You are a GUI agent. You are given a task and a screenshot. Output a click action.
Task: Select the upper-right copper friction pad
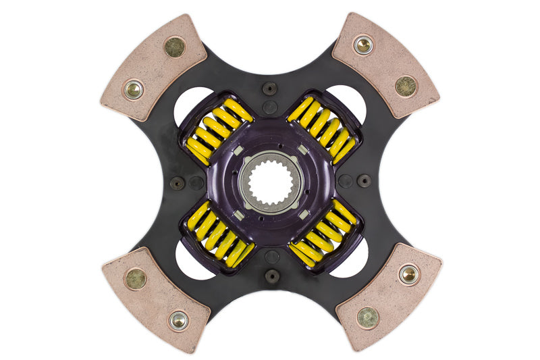(x=385, y=65)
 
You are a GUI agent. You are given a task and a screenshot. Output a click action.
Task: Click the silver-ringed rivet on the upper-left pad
(x=134, y=88)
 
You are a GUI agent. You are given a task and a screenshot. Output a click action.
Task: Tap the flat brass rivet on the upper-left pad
(x=175, y=46)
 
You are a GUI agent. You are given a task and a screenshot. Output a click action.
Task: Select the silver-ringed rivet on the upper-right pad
(x=363, y=45)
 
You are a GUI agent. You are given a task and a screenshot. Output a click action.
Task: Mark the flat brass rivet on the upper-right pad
(x=406, y=86)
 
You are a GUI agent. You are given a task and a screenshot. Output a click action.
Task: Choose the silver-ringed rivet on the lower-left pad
(x=178, y=320)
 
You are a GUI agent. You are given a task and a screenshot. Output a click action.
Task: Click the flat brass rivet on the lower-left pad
(x=135, y=278)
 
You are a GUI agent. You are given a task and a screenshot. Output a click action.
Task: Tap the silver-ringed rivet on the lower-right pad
(x=409, y=274)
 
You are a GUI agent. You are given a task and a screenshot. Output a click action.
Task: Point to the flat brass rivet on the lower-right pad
(x=367, y=317)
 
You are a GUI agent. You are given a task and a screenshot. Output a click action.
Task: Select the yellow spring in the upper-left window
(x=214, y=130)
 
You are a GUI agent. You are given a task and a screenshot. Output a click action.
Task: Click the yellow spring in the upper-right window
(x=323, y=128)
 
